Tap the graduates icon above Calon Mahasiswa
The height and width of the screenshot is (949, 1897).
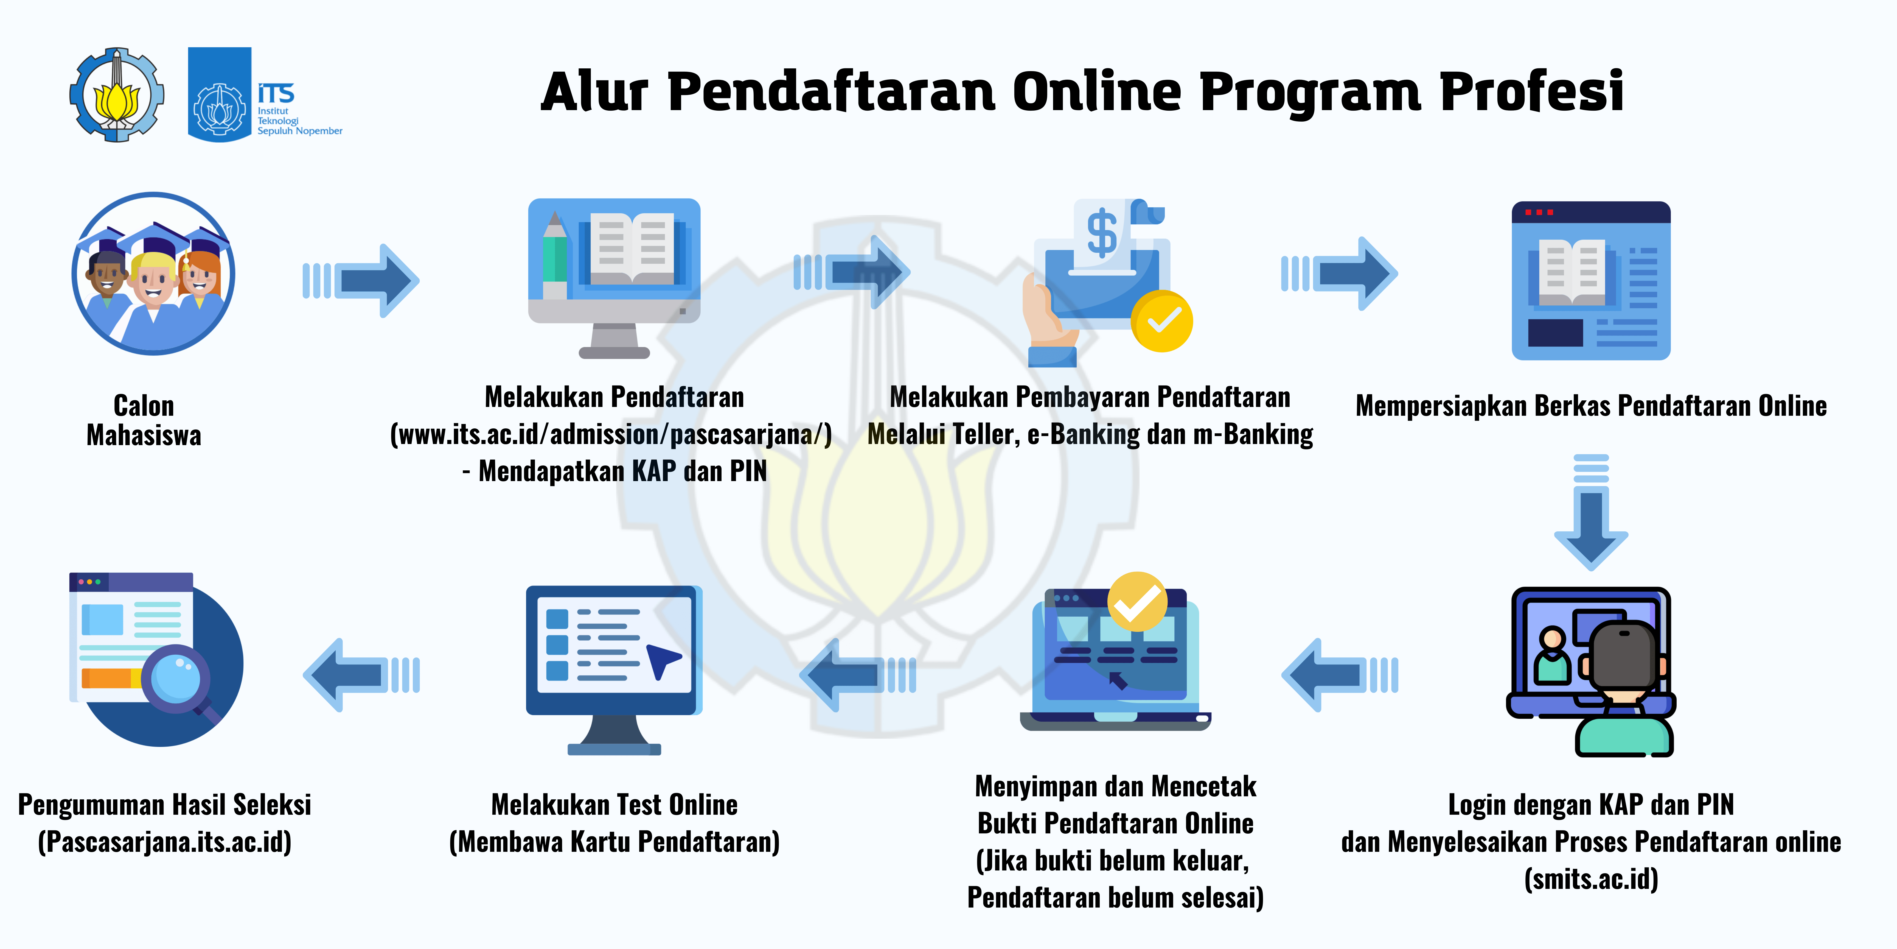[x=153, y=274]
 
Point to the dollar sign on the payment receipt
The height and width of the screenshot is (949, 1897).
[x=1102, y=233]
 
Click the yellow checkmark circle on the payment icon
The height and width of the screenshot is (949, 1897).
[x=1162, y=320]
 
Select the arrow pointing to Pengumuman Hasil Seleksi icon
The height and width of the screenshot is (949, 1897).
[x=361, y=675]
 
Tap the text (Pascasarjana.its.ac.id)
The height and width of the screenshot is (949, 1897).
[x=165, y=841]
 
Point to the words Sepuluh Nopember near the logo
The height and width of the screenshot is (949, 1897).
[x=300, y=131]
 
